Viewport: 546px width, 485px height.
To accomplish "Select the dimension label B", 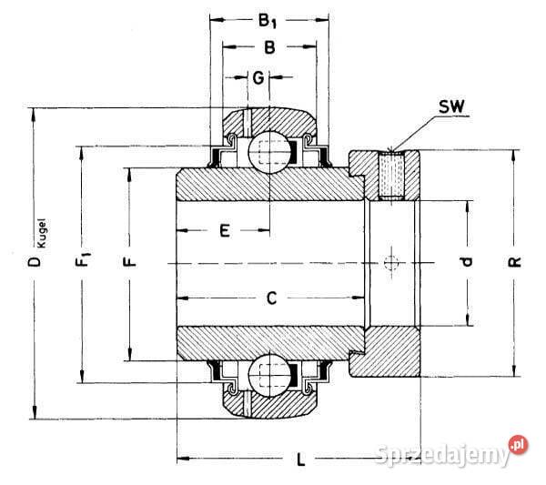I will click(269, 46).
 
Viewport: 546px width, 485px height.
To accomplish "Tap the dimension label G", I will click(259, 78).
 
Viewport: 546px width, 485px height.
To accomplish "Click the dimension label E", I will click(223, 231).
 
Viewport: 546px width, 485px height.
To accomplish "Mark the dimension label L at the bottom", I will click(299, 460).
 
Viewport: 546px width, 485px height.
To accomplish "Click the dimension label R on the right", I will click(514, 263).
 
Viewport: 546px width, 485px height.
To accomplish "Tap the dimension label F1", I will click(85, 263).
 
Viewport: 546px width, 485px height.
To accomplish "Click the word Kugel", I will click(43, 231).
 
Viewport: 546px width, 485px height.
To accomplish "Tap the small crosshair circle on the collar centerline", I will click(392, 263).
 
